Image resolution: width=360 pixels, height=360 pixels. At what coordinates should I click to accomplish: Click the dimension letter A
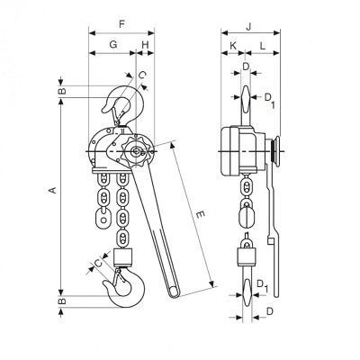[x=53, y=190]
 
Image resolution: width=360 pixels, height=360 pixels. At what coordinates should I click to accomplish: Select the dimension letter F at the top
[x=121, y=24]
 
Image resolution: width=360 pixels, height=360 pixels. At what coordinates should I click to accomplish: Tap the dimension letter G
[x=112, y=45]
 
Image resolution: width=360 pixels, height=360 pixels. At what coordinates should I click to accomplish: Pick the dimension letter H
[x=145, y=45]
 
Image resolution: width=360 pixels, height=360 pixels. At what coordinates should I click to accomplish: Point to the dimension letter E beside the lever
[x=200, y=215]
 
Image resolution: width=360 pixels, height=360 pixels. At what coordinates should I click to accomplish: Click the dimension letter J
[x=248, y=26]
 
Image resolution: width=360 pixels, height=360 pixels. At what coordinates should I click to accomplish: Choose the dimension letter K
[x=233, y=46]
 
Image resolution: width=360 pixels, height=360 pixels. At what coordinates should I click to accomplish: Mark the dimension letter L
[x=263, y=46]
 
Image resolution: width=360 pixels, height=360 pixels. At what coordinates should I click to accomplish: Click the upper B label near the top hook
[x=62, y=91]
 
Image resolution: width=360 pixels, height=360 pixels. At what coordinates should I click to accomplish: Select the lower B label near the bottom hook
[x=62, y=301]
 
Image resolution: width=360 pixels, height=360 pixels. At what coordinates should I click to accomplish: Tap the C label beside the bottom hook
[x=98, y=263]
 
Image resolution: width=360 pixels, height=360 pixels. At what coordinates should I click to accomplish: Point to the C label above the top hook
[x=142, y=75]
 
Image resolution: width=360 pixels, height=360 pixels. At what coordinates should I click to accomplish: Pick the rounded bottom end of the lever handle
[x=174, y=292]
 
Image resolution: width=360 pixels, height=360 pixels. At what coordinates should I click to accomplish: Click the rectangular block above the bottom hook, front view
[x=123, y=257]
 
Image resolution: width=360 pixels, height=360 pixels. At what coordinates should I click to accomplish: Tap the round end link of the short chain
[x=103, y=219]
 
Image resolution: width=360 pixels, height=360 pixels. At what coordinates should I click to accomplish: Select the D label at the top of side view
[x=246, y=67]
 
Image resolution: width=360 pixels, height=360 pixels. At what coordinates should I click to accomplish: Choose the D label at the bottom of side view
[x=270, y=311]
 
